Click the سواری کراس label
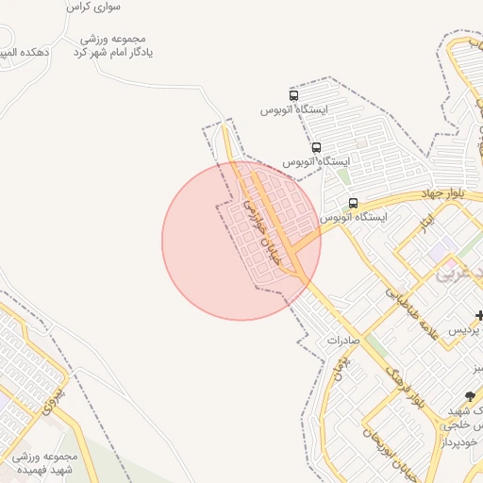[x=92, y=7]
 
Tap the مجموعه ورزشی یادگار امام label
[x=113, y=45]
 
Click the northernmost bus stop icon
[x=294, y=95]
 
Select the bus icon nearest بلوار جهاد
[x=353, y=203]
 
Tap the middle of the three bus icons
[x=316, y=147]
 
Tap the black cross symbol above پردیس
[x=479, y=314]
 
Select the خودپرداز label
[x=462, y=441]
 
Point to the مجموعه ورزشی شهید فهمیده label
[x=52, y=462]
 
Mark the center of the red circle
[x=241, y=241]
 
